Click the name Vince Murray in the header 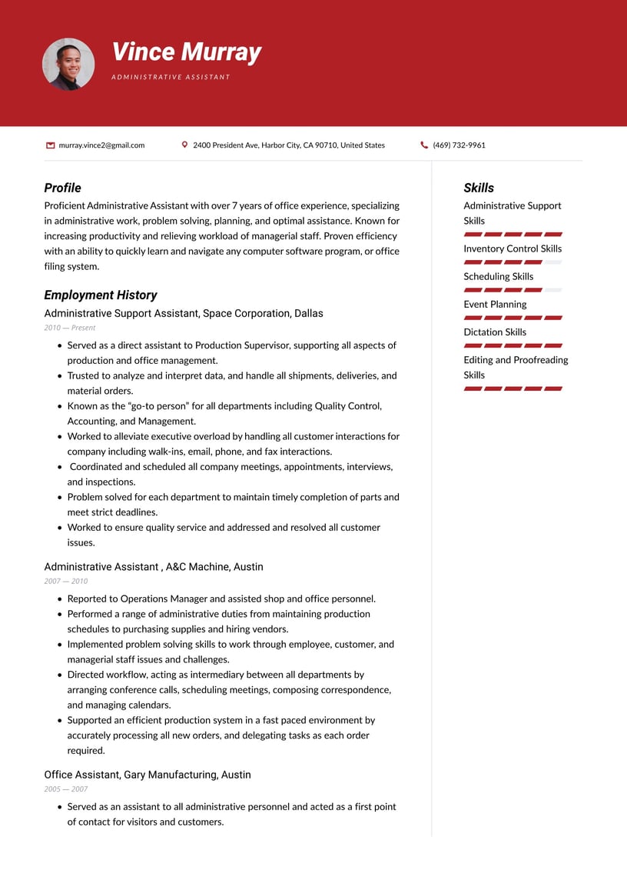[186, 52]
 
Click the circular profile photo [68, 65]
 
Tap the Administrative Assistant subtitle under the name [171, 77]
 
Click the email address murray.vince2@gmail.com [101, 145]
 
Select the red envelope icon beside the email [51, 145]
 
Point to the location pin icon [184, 145]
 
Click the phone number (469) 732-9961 [459, 145]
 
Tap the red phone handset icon [424, 145]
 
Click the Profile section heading [62, 188]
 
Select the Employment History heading [100, 295]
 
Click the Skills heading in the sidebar [479, 188]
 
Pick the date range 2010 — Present [70, 328]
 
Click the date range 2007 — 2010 [66, 581]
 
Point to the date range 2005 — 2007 [66, 789]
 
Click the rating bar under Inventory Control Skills [513, 262]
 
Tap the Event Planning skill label [495, 304]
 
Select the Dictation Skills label [495, 332]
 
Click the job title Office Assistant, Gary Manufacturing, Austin [148, 775]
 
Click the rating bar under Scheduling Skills [513, 290]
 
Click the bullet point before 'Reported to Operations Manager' [60, 599]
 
